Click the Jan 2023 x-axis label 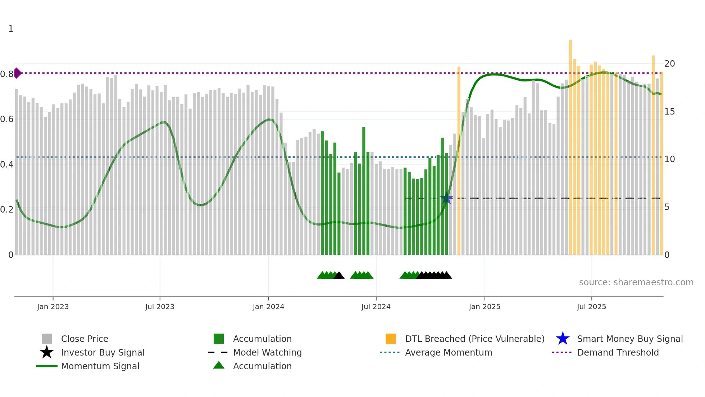pos(53,307)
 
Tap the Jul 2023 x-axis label pos(160,307)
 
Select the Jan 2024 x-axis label pos(268,307)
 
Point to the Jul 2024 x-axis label pos(376,307)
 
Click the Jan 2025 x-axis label pos(485,307)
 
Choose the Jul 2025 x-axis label pos(591,307)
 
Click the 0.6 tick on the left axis pos(7,119)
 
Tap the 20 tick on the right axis pos(669,64)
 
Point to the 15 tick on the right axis pos(669,112)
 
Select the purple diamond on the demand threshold pos(18,73)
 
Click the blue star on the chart pos(446,198)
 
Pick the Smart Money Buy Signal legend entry pos(630,339)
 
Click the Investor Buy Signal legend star pos(47,352)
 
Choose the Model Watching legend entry pos(267,352)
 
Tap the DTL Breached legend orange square pos(391,339)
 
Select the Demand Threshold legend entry pos(618,352)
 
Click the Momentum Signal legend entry pos(100,366)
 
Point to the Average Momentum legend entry pos(449,352)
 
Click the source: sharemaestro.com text pos(636,282)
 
